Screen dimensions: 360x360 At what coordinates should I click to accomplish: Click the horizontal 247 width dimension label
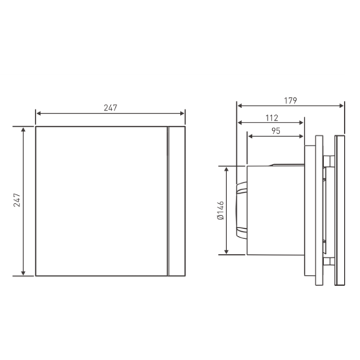click(x=110, y=107)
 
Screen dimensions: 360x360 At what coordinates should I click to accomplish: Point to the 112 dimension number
click(x=271, y=118)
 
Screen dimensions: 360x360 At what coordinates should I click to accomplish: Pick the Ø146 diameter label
click(x=220, y=211)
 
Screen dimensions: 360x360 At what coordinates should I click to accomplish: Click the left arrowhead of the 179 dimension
click(x=239, y=106)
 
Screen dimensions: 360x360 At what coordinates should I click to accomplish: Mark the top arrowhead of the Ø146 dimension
click(x=228, y=168)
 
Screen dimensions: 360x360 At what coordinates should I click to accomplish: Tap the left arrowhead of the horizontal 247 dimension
click(x=37, y=114)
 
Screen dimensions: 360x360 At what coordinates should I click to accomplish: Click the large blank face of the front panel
click(x=101, y=202)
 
